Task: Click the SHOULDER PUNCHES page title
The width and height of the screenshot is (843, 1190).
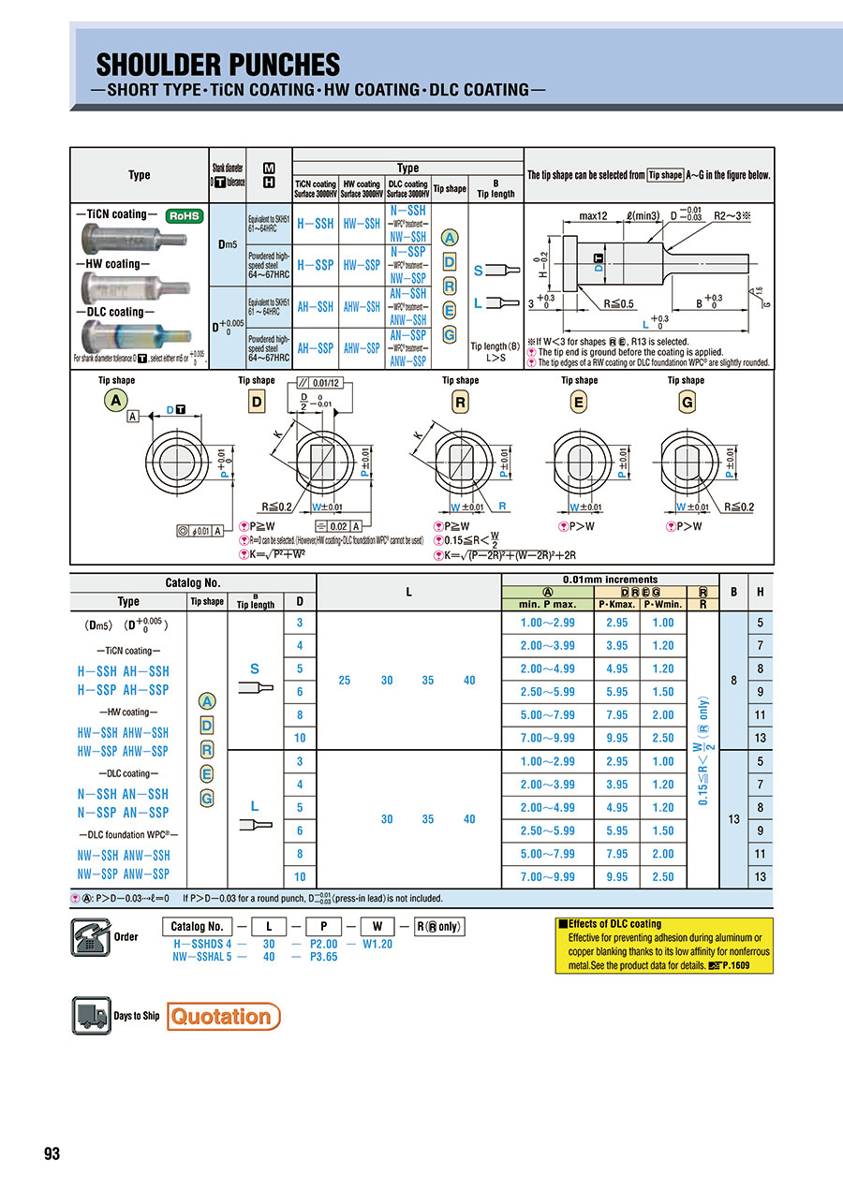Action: click(x=218, y=65)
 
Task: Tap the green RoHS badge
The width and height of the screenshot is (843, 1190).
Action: click(x=185, y=215)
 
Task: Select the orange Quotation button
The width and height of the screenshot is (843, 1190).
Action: click(x=223, y=1016)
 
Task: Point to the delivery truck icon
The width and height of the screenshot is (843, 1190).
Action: click(x=91, y=1016)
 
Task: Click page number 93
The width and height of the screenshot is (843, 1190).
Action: click(x=52, y=1153)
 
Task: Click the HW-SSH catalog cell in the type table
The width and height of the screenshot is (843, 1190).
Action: click(x=361, y=225)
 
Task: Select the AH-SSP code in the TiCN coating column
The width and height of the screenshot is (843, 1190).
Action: click(x=315, y=347)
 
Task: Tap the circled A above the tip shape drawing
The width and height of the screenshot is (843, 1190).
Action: click(x=116, y=402)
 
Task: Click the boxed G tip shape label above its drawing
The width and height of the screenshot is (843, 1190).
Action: click(x=686, y=402)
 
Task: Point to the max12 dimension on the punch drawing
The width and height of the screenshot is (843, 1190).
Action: click(x=593, y=216)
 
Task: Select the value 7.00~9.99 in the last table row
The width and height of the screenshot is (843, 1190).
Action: click(x=547, y=876)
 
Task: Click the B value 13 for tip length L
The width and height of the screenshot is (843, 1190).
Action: click(x=732, y=819)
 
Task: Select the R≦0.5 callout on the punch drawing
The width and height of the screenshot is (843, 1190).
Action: click(x=620, y=304)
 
